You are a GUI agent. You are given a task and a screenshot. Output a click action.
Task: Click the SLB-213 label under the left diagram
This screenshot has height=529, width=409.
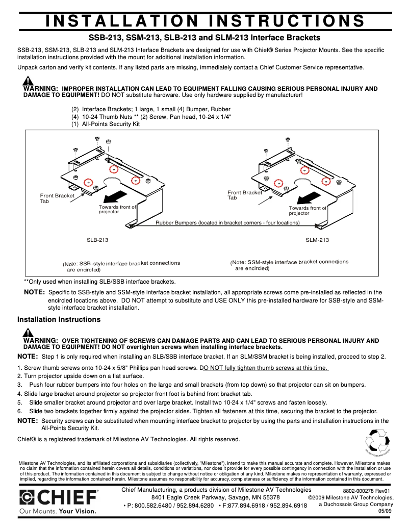pyautogui.click(x=97, y=239)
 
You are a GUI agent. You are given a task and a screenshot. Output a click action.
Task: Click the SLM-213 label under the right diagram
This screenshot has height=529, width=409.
pyautogui.click(x=317, y=240)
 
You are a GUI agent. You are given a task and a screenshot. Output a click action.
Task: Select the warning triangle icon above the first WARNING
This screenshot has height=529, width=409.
pyautogui.click(x=28, y=81)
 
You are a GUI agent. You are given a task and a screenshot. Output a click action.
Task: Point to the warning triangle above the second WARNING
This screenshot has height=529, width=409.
pyautogui.click(x=28, y=333)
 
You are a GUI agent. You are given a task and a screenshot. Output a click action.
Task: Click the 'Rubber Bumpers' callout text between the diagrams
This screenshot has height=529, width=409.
pyautogui.click(x=227, y=223)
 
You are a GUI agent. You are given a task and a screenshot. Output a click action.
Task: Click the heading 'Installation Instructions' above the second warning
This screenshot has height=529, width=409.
pyautogui.click(x=59, y=319)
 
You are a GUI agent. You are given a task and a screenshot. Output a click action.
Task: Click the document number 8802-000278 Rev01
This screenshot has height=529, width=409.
pyautogui.click(x=367, y=491)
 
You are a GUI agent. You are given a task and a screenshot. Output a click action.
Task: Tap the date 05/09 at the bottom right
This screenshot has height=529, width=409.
pyautogui.click(x=385, y=511)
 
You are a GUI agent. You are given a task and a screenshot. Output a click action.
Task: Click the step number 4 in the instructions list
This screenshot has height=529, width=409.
pyautogui.click(x=19, y=393)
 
